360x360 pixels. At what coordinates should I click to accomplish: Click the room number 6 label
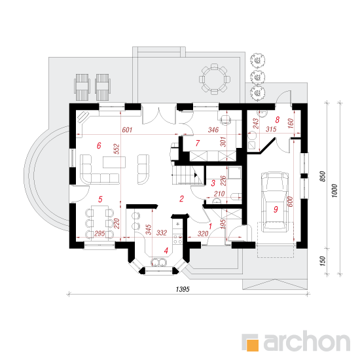[99, 145]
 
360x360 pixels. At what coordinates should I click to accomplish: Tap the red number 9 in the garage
[276, 209]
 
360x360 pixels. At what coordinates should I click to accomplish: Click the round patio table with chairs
[215, 79]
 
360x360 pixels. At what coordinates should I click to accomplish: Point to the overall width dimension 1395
[183, 289]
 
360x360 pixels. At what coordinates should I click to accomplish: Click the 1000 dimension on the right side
[334, 190]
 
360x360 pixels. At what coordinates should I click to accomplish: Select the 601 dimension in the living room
[127, 130]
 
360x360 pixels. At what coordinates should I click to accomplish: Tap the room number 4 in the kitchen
[166, 251]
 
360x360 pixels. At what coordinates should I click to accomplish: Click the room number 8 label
[278, 120]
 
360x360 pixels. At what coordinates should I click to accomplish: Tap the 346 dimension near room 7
[213, 130]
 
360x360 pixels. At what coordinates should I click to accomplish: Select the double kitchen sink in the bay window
[158, 262]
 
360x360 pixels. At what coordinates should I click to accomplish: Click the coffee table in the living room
[115, 162]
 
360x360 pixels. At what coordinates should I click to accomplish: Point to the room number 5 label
[100, 199]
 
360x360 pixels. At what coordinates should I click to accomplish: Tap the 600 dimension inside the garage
[290, 202]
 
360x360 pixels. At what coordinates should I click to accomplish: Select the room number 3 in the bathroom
[213, 183]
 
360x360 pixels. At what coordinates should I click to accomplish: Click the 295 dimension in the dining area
[100, 234]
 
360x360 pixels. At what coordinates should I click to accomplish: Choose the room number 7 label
[198, 143]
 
